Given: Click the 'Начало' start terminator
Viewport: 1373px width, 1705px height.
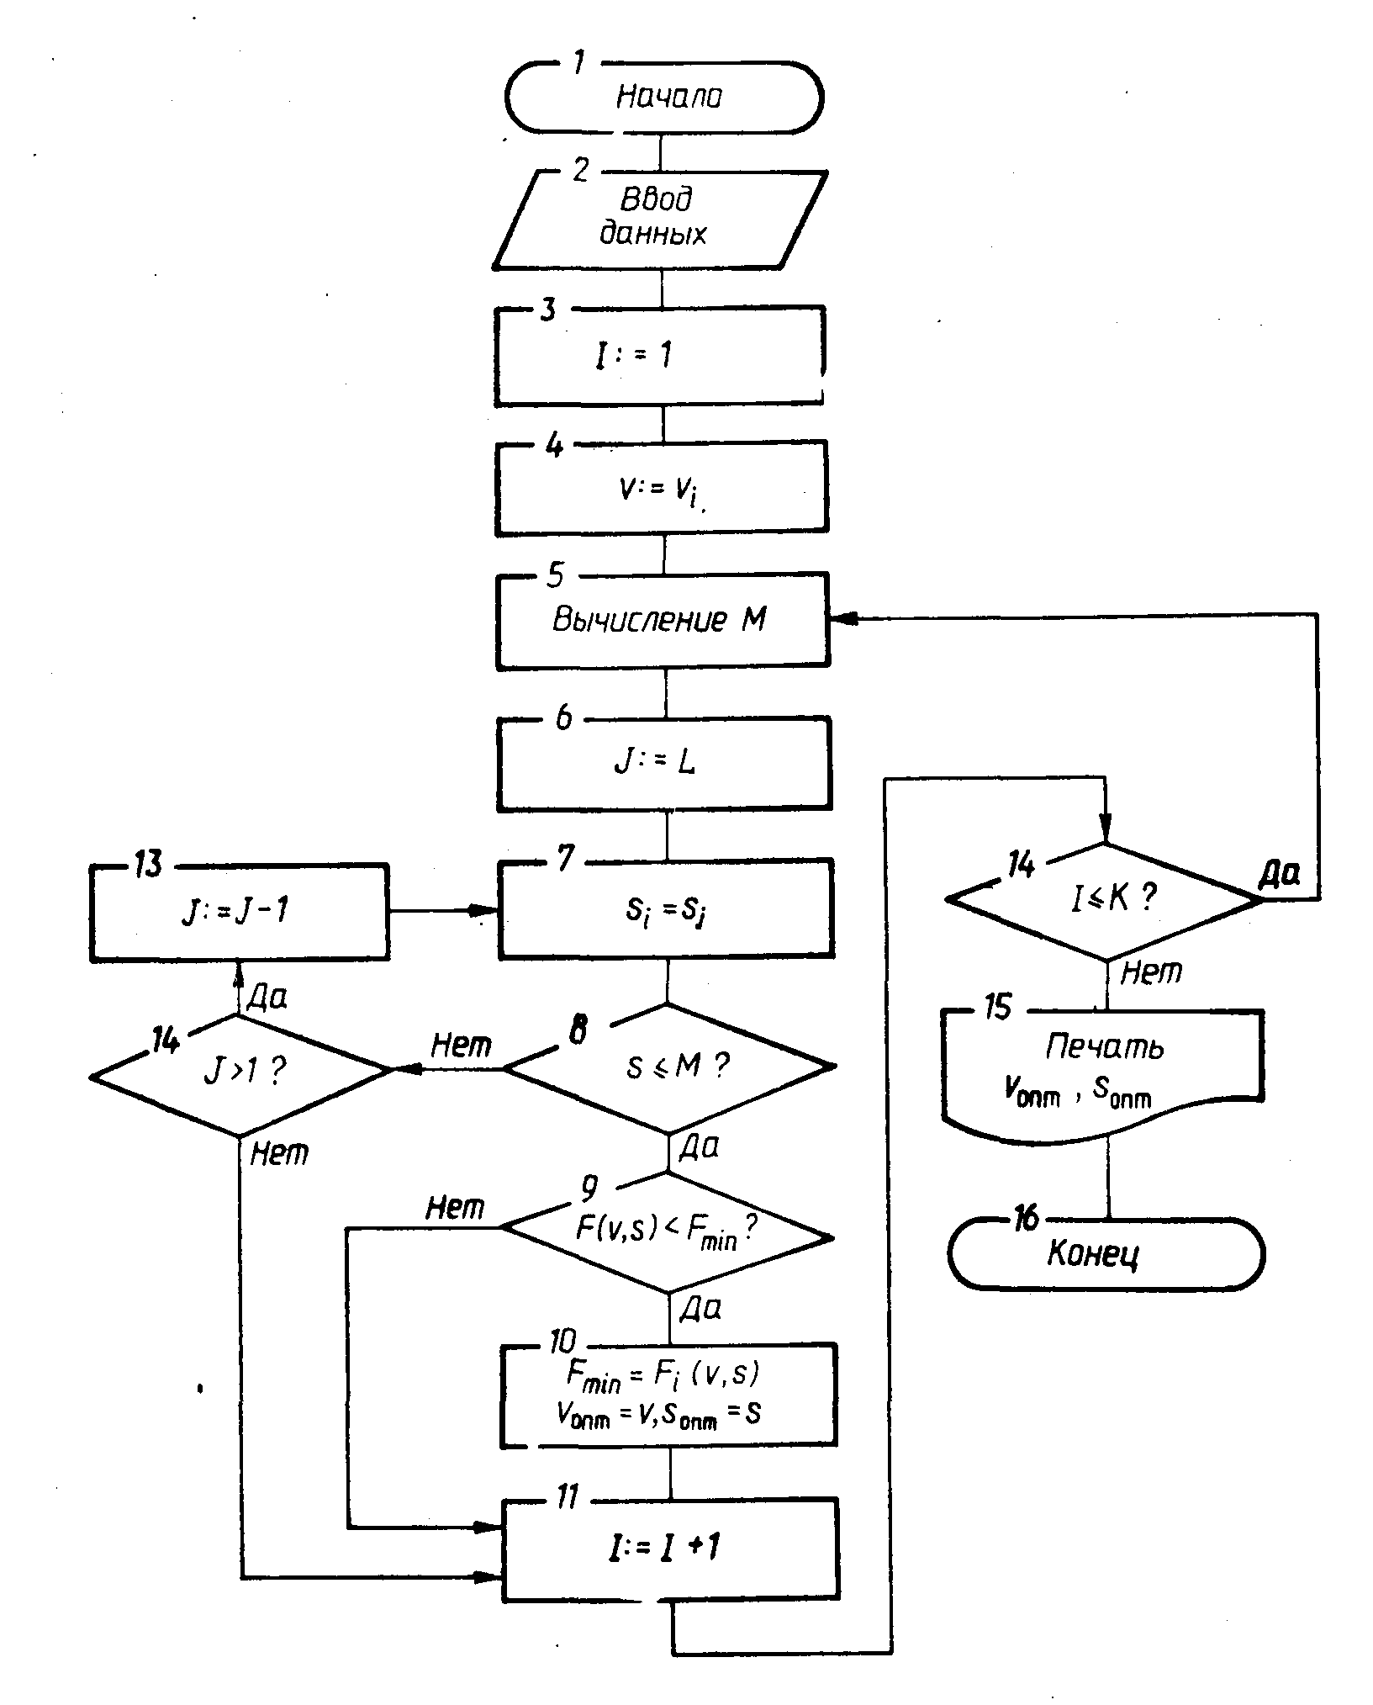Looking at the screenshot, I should pyautogui.click(x=663, y=97).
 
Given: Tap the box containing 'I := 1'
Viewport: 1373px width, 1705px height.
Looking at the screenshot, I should pyautogui.click(x=660, y=356).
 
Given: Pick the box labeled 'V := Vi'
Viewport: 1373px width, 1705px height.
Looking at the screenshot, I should pyautogui.click(x=662, y=489).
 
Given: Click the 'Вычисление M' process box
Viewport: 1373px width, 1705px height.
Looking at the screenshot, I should pyautogui.click(x=662, y=622).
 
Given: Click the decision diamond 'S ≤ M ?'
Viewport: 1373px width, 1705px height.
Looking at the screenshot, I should pyautogui.click(x=668, y=1067).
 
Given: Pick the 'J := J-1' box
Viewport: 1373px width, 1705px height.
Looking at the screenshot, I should pyautogui.click(x=240, y=912).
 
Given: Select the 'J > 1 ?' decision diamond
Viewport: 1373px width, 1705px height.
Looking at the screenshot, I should pyautogui.click(x=240, y=1073).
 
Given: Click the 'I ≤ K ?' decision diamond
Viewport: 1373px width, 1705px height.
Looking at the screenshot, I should pyautogui.click(x=1105, y=899).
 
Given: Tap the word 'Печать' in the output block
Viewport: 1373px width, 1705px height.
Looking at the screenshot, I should pyautogui.click(x=1105, y=1046).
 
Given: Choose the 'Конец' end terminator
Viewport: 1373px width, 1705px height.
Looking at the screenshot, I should pyautogui.click(x=1106, y=1254).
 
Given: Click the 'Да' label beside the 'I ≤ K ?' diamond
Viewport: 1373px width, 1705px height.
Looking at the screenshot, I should pyautogui.click(x=1280, y=876).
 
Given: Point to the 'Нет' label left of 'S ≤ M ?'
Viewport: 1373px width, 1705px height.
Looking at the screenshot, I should pyautogui.click(x=461, y=1046).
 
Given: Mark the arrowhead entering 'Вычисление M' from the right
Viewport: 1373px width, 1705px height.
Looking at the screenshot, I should pyautogui.click(x=843, y=618).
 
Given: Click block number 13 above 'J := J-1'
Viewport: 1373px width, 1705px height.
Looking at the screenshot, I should pyautogui.click(x=149, y=865).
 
